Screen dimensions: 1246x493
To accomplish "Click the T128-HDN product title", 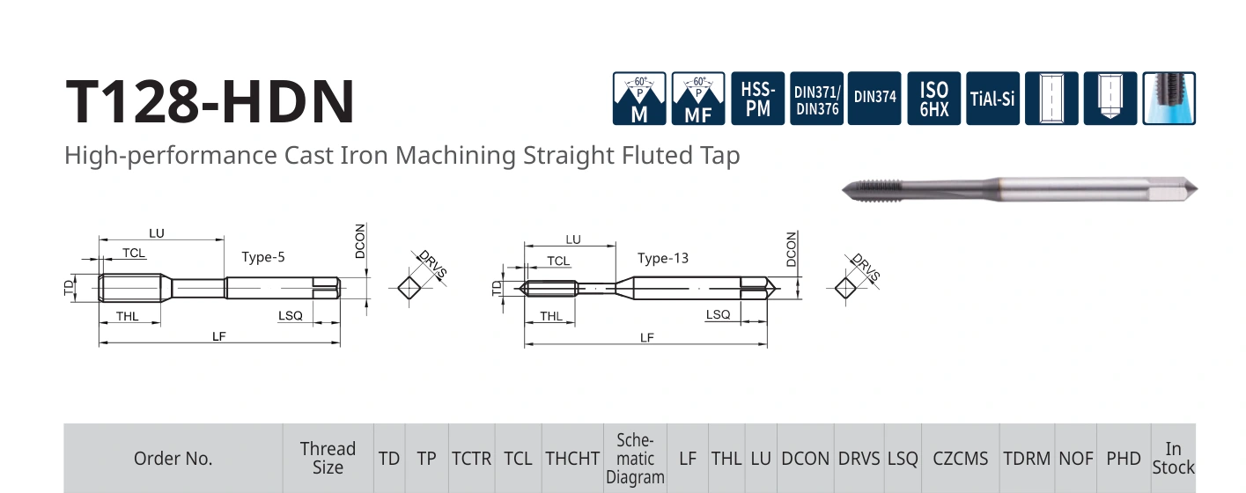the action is [x=210, y=102].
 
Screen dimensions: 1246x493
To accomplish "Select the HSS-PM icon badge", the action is [x=757, y=99].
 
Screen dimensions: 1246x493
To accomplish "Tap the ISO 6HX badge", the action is [x=934, y=99].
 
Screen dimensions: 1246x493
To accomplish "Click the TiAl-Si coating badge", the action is [x=993, y=99].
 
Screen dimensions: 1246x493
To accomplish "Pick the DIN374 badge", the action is [x=874, y=99].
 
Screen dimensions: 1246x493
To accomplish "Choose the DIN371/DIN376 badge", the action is [x=816, y=99].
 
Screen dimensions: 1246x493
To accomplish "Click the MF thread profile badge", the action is [x=698, y=99].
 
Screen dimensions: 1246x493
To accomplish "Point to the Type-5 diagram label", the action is [x=263, y=257].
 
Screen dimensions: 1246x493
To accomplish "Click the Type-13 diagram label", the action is [x=662, y=259].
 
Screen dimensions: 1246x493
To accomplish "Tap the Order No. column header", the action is [x=173, y=459].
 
